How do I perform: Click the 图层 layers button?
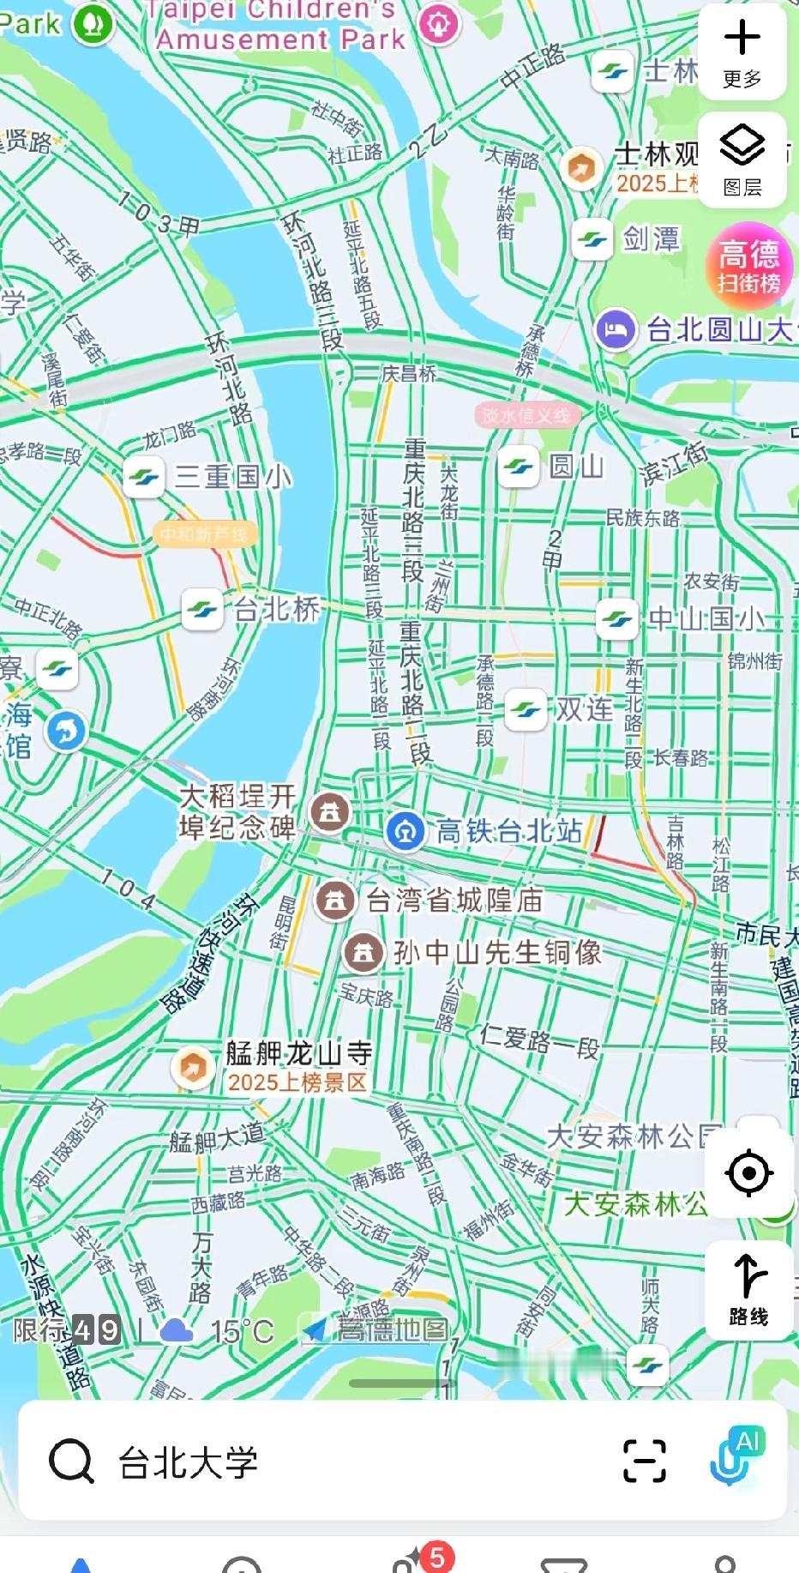742,159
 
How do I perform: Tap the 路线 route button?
748,1289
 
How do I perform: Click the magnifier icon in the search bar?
71,1461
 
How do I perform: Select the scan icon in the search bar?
645,1461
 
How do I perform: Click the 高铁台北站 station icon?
405,831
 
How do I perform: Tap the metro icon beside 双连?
526,709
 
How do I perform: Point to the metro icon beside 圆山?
519,467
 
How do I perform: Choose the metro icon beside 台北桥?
203,610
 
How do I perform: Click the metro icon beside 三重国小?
144,477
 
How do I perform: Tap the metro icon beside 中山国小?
617,618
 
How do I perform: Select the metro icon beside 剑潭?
592,239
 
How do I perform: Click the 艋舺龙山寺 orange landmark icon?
193,1068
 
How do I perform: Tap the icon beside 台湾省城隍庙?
335,901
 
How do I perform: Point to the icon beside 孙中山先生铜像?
363,953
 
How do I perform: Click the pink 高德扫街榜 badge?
748,265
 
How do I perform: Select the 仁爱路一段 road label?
539,1042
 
